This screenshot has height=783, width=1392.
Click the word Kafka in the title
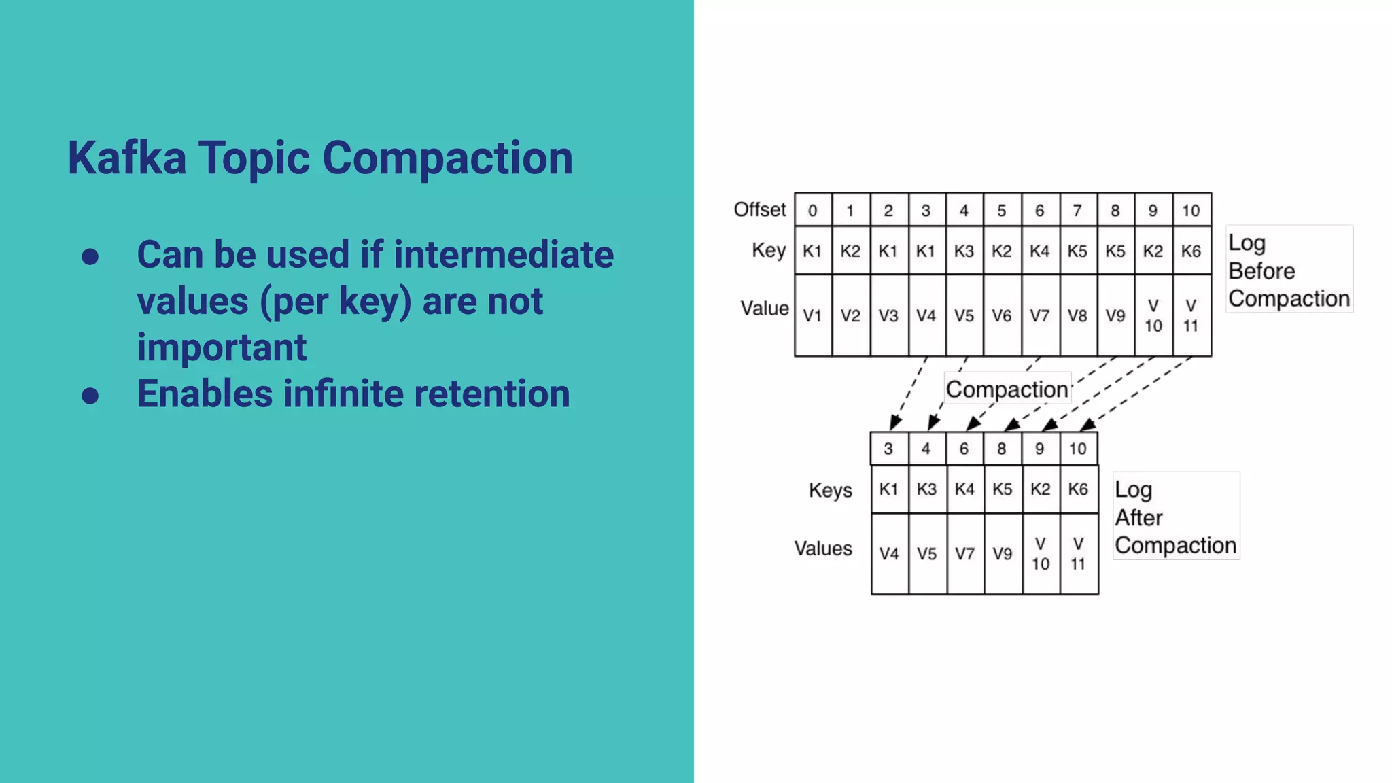tap(126, 158)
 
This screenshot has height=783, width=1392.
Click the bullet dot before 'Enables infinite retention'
tap(90, 396)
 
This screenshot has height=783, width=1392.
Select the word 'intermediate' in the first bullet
tap(503, 255)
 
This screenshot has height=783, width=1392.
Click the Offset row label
tap(759, 209)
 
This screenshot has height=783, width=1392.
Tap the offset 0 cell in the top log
tap(812, 211)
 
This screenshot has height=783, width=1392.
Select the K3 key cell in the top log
tap(964, 251)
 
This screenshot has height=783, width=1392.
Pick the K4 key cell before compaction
tap(1039, 251)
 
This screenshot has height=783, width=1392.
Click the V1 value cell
tap(812, 316)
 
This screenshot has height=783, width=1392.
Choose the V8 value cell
tap(1077, 316)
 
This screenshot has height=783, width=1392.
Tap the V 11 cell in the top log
tap(1191, 316)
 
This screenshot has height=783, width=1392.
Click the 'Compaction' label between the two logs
tap(1007, 389)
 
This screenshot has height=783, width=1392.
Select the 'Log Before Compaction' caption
tap(1289, 271)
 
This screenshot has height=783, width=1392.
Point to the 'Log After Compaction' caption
tap(1175, 517)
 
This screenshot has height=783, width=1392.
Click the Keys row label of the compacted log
tap(830, 490)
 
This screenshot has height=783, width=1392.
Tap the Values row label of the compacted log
tap(823, 549)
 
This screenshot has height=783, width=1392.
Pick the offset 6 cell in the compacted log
tap(964, 449)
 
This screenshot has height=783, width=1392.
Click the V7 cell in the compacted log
tap(964, 554)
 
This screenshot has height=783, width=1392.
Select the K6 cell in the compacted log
tap(1078, 489)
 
